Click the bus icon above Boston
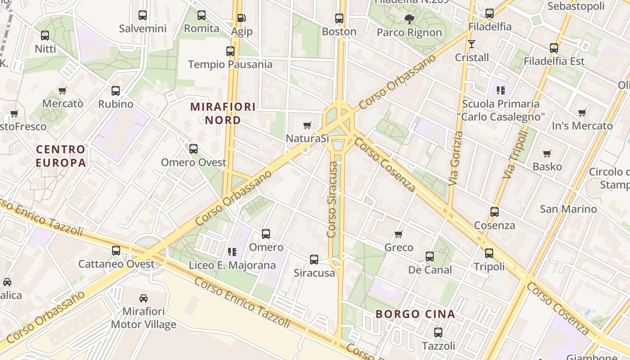[x=339, y=18]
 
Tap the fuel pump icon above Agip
[x=242, y=18]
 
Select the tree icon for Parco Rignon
[x=409, y=19]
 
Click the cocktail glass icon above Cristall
[x=472, y=44]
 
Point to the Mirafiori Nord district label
[x=223, y=113]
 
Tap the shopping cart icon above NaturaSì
[x=307, y=125]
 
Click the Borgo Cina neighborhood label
[x=415, y=314]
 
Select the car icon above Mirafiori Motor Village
[x=144, y=297]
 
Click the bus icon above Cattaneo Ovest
[x=116, y=250]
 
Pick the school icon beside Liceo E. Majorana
[x=232, y=252]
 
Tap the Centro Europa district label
[x=61, y=156]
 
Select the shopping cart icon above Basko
[x=547, y=153]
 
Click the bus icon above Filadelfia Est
[x=554, y=48]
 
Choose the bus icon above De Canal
[x=430, y=256]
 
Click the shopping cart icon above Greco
[x=398, y=234]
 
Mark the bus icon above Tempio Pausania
[x=230, y=51]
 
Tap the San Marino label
[x=568, y=209]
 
